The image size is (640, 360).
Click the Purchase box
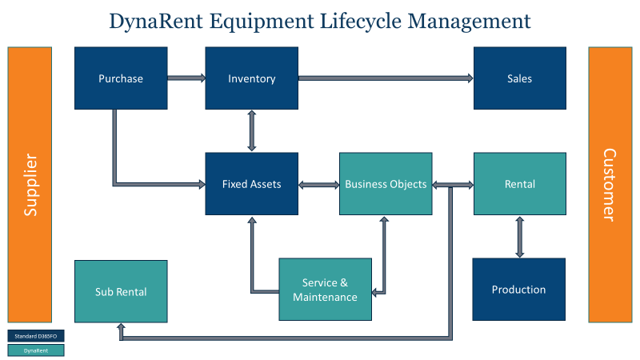click(121, 78)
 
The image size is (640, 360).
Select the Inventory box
click(252, 78)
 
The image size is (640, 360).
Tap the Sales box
click(520, 78)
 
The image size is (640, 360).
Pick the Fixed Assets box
click(252, 184)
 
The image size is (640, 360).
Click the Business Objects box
click(386, 184)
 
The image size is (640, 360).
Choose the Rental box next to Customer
click(520, 184)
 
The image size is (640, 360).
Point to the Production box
click(518, 289)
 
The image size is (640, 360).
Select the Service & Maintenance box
click(325, 290)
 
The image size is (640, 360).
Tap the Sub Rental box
click(121, 291)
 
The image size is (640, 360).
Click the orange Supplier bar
click(30, 184)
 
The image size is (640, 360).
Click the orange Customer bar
click(610, 184)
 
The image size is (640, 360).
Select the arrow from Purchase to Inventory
click(186, 78)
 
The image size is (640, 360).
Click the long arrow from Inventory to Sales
click(386, 78)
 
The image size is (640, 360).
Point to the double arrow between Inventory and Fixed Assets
click(252, 131)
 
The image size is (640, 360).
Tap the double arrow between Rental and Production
click(520, 237)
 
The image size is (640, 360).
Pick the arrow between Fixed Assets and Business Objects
click(318, 185)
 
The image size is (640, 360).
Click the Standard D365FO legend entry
click(35, 336)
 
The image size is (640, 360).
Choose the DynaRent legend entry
click(35, 350)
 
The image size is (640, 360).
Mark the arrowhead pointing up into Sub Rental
click(121, 327)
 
